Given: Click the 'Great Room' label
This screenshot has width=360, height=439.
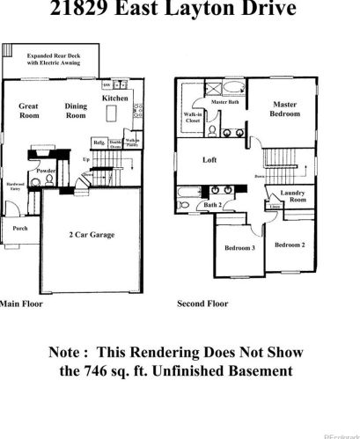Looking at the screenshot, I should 29,110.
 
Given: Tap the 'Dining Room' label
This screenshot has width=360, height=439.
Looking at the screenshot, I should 76,110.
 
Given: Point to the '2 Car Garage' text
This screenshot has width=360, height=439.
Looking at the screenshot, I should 92,235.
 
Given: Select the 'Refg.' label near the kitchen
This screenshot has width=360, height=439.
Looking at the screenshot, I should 99,143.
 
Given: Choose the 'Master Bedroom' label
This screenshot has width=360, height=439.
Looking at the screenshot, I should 284,108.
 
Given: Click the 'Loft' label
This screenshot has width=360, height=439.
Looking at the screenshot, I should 209,160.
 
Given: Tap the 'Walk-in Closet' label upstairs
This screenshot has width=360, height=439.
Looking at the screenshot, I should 193,118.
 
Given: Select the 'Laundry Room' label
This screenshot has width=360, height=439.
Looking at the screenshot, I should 293,197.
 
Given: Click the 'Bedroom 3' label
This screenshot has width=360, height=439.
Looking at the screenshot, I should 239,248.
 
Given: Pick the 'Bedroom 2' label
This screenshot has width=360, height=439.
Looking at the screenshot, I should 290,244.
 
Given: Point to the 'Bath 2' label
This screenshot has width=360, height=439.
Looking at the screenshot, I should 212,205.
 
